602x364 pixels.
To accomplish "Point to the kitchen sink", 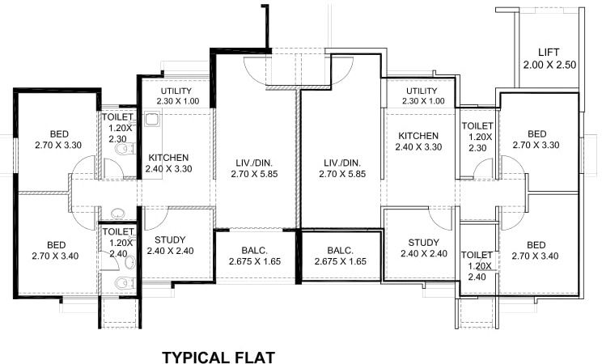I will tap(150, 121).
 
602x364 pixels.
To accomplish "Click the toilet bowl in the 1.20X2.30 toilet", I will tap(122, 151).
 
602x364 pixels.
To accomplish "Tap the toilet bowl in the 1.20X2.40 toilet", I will tap(121, 282).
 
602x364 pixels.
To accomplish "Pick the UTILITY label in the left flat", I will tap(176, 91).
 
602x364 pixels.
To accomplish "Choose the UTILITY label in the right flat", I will tap(422, 91).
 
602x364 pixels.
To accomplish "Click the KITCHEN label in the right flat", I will tap(417, 136).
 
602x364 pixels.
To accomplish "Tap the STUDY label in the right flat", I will tap(423, 243).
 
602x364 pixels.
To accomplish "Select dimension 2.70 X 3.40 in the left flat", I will tap(56, 257).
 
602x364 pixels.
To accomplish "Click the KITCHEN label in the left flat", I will tap(168, 158).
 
